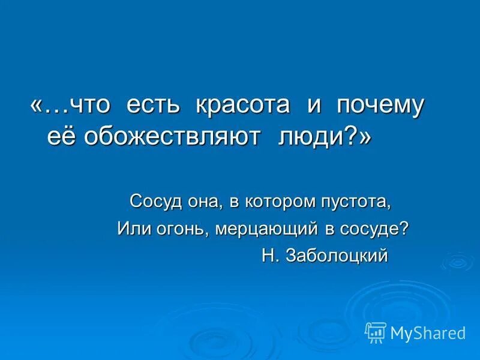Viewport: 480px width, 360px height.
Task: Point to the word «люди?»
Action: point(325,136)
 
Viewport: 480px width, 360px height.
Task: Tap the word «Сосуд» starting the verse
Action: point(153,201)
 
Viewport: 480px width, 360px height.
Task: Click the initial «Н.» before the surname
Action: point(271,256)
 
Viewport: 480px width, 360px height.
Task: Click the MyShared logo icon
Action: point(376,332)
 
